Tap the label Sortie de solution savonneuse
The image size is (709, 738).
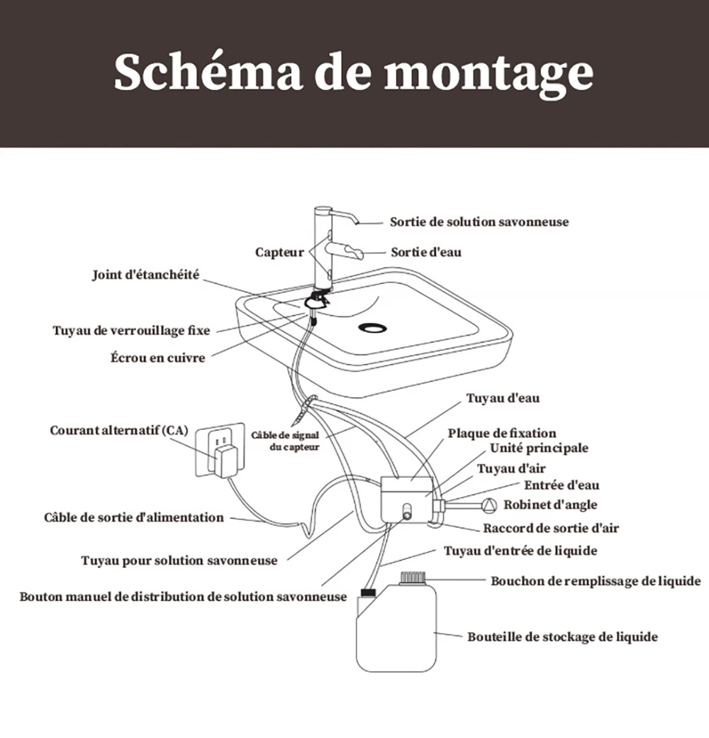coord(479,222)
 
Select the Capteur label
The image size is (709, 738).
coord(279,252)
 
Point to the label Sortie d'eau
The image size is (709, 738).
coord(426,252)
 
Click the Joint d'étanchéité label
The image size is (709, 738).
coord(146,275)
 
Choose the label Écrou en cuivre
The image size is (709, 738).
coord(157,358)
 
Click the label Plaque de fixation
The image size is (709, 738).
coord(501,433)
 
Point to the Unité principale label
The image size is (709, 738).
coord(539,448)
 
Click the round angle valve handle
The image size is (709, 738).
coord(489,505)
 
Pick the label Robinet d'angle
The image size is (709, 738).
coord(550,505)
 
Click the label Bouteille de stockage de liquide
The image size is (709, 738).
coord(562,637)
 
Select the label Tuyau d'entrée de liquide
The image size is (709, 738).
coord(520,551)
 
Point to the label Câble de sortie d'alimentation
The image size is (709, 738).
coord(134,517)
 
